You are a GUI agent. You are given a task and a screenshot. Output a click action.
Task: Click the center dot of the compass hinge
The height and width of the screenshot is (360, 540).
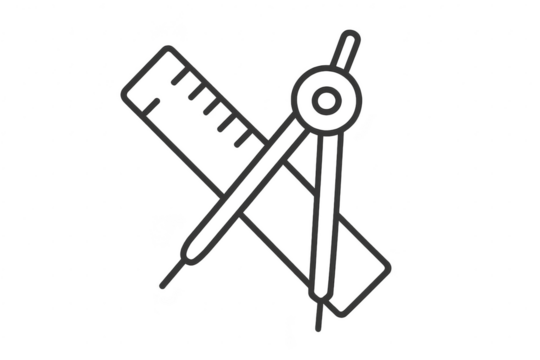324,101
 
